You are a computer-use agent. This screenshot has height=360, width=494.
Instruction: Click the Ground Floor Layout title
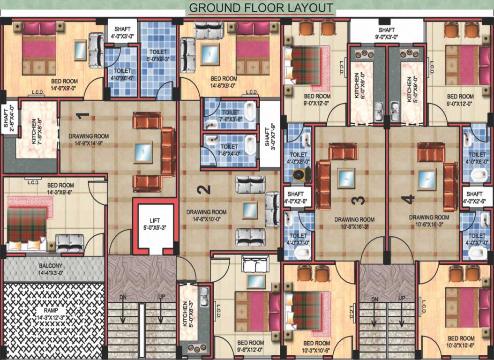(x=261, y=8)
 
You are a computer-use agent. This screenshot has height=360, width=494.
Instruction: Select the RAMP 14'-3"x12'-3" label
(x=52, y=314)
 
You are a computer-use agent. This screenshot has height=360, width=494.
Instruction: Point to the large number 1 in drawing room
(x=83, y=115)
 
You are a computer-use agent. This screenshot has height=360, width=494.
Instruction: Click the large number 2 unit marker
(x=203, y=189)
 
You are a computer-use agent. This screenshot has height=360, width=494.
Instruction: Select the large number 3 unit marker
(x=358, y=200)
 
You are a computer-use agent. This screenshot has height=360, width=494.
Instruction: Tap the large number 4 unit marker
(x=410, y=200)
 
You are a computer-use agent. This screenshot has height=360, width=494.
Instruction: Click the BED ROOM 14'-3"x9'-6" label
(x=60, y=188)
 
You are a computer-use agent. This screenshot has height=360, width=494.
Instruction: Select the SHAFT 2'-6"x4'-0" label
(x=7, y=119)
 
